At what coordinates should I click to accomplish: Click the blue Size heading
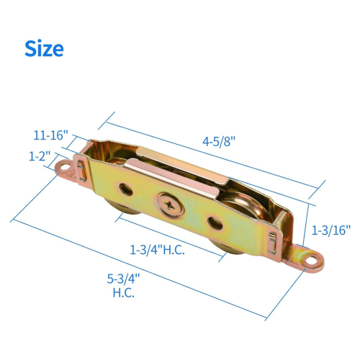(44, 49)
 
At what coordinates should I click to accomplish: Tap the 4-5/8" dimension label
(219, 141)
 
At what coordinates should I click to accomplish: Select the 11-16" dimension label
(51, 135)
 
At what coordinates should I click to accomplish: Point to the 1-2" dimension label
(40, 156)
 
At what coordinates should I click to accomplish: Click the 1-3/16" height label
(331, 230)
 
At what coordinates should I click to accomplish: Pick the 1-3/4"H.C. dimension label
(157, 250)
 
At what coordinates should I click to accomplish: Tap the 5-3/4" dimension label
(123, 279)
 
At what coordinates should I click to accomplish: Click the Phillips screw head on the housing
(171, 204)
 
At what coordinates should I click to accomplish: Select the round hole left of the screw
(126, 189)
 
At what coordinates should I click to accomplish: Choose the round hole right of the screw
(215, 223)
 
